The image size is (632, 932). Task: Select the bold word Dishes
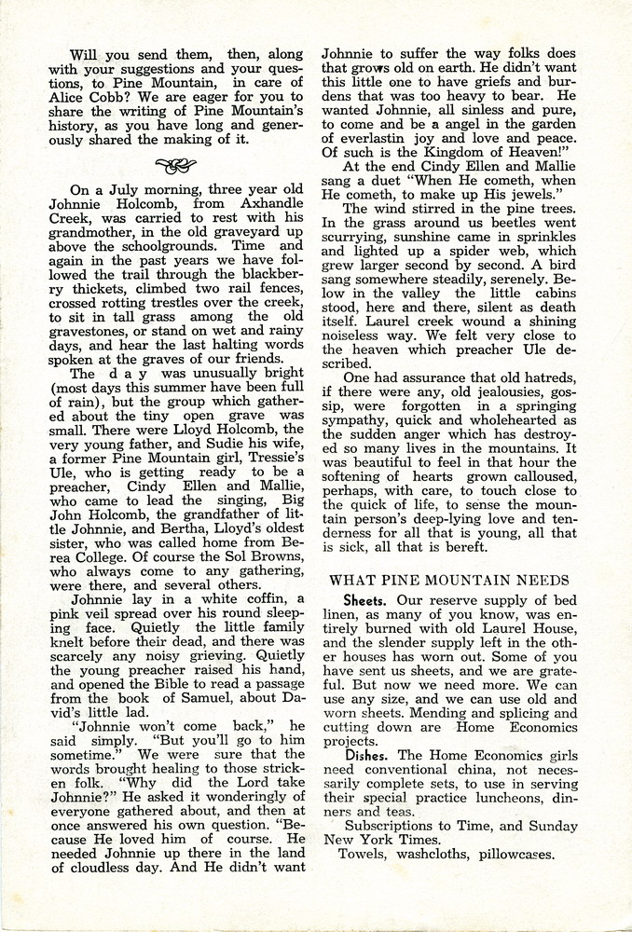(368, 753)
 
